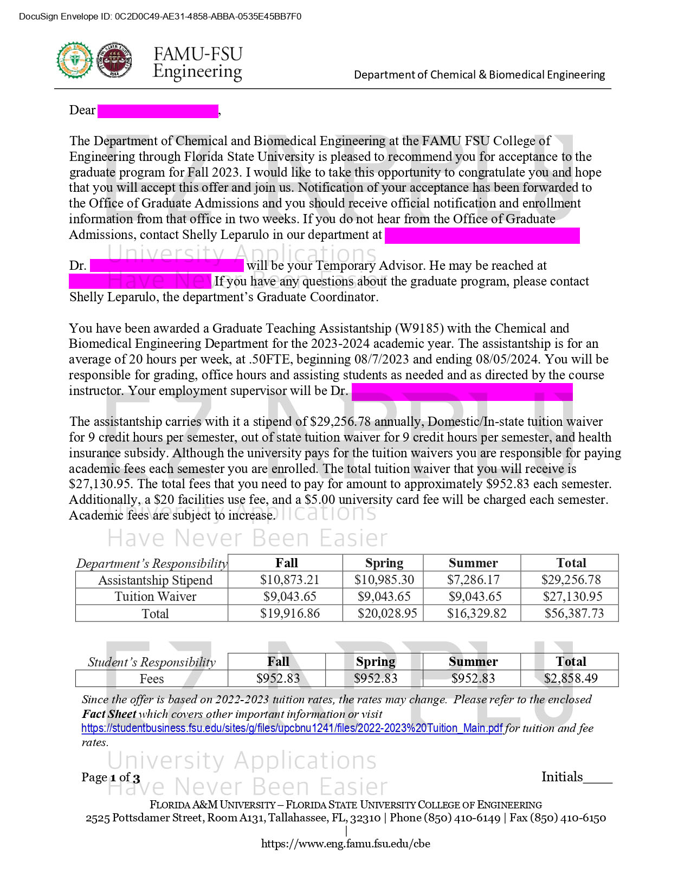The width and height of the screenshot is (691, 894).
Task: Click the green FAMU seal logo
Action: click(75, 60)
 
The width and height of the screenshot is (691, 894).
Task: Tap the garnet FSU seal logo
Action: click(114, 60)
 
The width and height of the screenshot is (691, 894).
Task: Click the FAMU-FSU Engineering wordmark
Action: click(197, 63)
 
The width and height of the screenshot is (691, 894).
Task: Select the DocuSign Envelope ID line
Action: click(160, 16)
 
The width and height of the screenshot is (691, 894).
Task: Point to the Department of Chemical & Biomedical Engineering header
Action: click(479, 75)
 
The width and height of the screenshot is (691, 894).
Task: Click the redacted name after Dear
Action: click(158, 111)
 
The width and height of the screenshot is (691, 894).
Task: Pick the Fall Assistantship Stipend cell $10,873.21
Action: click(289, 580)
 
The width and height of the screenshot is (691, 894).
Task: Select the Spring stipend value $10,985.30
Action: click(384, 580)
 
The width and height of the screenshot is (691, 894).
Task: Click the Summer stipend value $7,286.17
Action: click(473, 580)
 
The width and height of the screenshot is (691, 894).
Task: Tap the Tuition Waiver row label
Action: click(155, 597)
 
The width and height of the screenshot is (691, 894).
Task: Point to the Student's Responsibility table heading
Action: click(152, 662)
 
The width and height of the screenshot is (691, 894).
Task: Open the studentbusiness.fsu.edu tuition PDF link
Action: click(292, 728)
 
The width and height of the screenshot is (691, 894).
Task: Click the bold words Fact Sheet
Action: click(109, 714)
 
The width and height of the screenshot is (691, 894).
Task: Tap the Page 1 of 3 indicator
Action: click(111, 778)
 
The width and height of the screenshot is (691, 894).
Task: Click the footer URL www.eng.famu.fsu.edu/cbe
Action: click(345, 844)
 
